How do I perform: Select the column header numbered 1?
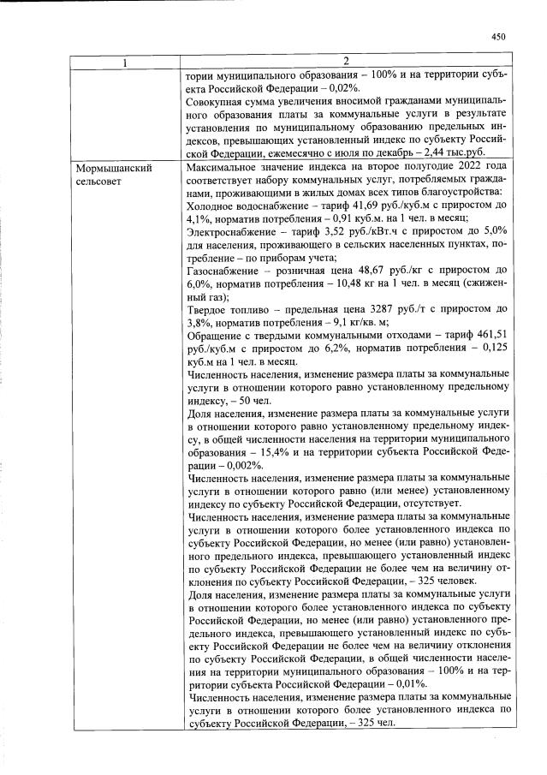pos(124,61)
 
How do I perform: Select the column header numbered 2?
pos(345,61)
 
